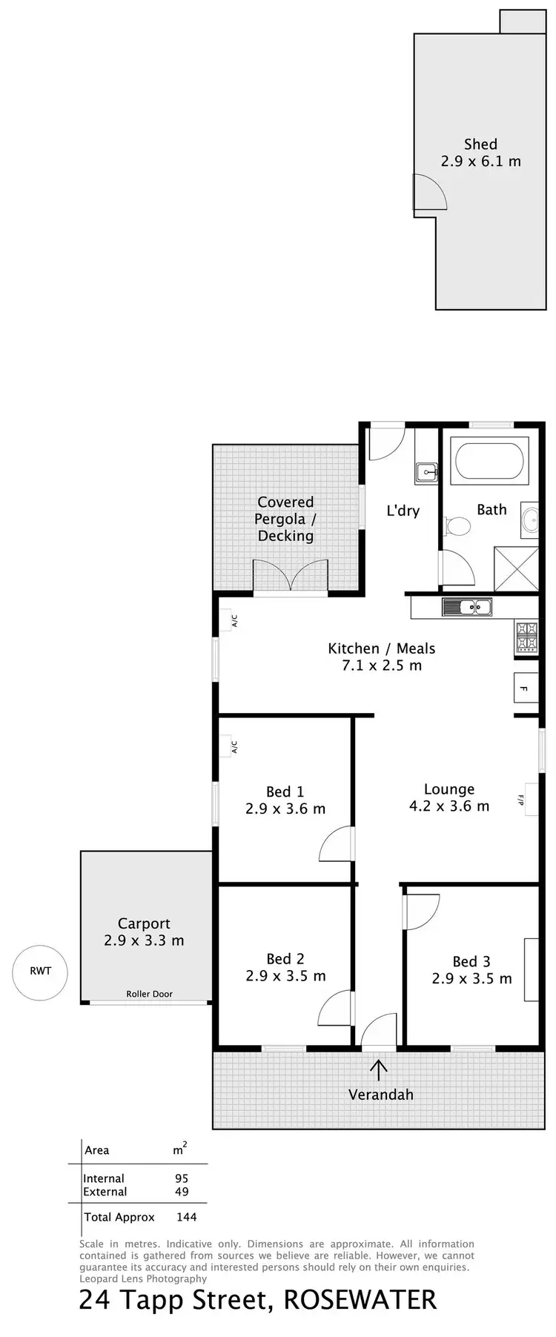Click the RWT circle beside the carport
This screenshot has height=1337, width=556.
[x=40, y=971]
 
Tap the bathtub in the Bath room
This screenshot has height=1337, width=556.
[x=490, y=462]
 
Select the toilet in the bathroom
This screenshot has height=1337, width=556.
[x=458, y=526]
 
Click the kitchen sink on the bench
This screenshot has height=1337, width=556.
[x=467, y=607]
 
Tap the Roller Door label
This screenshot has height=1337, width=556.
[x=149, y=994]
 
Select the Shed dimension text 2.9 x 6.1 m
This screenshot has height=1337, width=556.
[x=480, y=161]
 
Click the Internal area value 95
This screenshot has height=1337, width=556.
[x=181, y=1178]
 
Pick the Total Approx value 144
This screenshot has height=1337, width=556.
[x=186, y=1217]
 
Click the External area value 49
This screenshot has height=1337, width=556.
[x=181, y=1192]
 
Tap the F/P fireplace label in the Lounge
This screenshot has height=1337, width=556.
[x=522, y=800]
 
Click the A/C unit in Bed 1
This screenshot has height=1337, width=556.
[x=233, y=746]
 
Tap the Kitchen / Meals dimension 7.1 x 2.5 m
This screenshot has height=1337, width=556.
[x=381, y=666]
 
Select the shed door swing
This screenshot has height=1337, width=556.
[x=429, y=192]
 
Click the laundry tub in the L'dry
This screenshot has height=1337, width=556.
[x=427, y=471]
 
